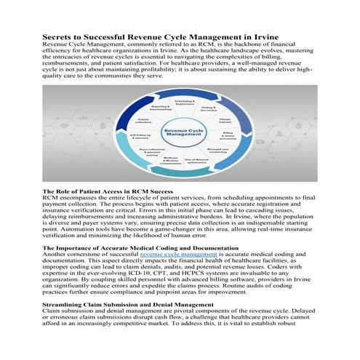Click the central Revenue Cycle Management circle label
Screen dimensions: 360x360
(183, 132)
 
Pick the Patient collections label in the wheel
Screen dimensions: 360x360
(142, 120)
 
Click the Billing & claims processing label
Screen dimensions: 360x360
(228, 137)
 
